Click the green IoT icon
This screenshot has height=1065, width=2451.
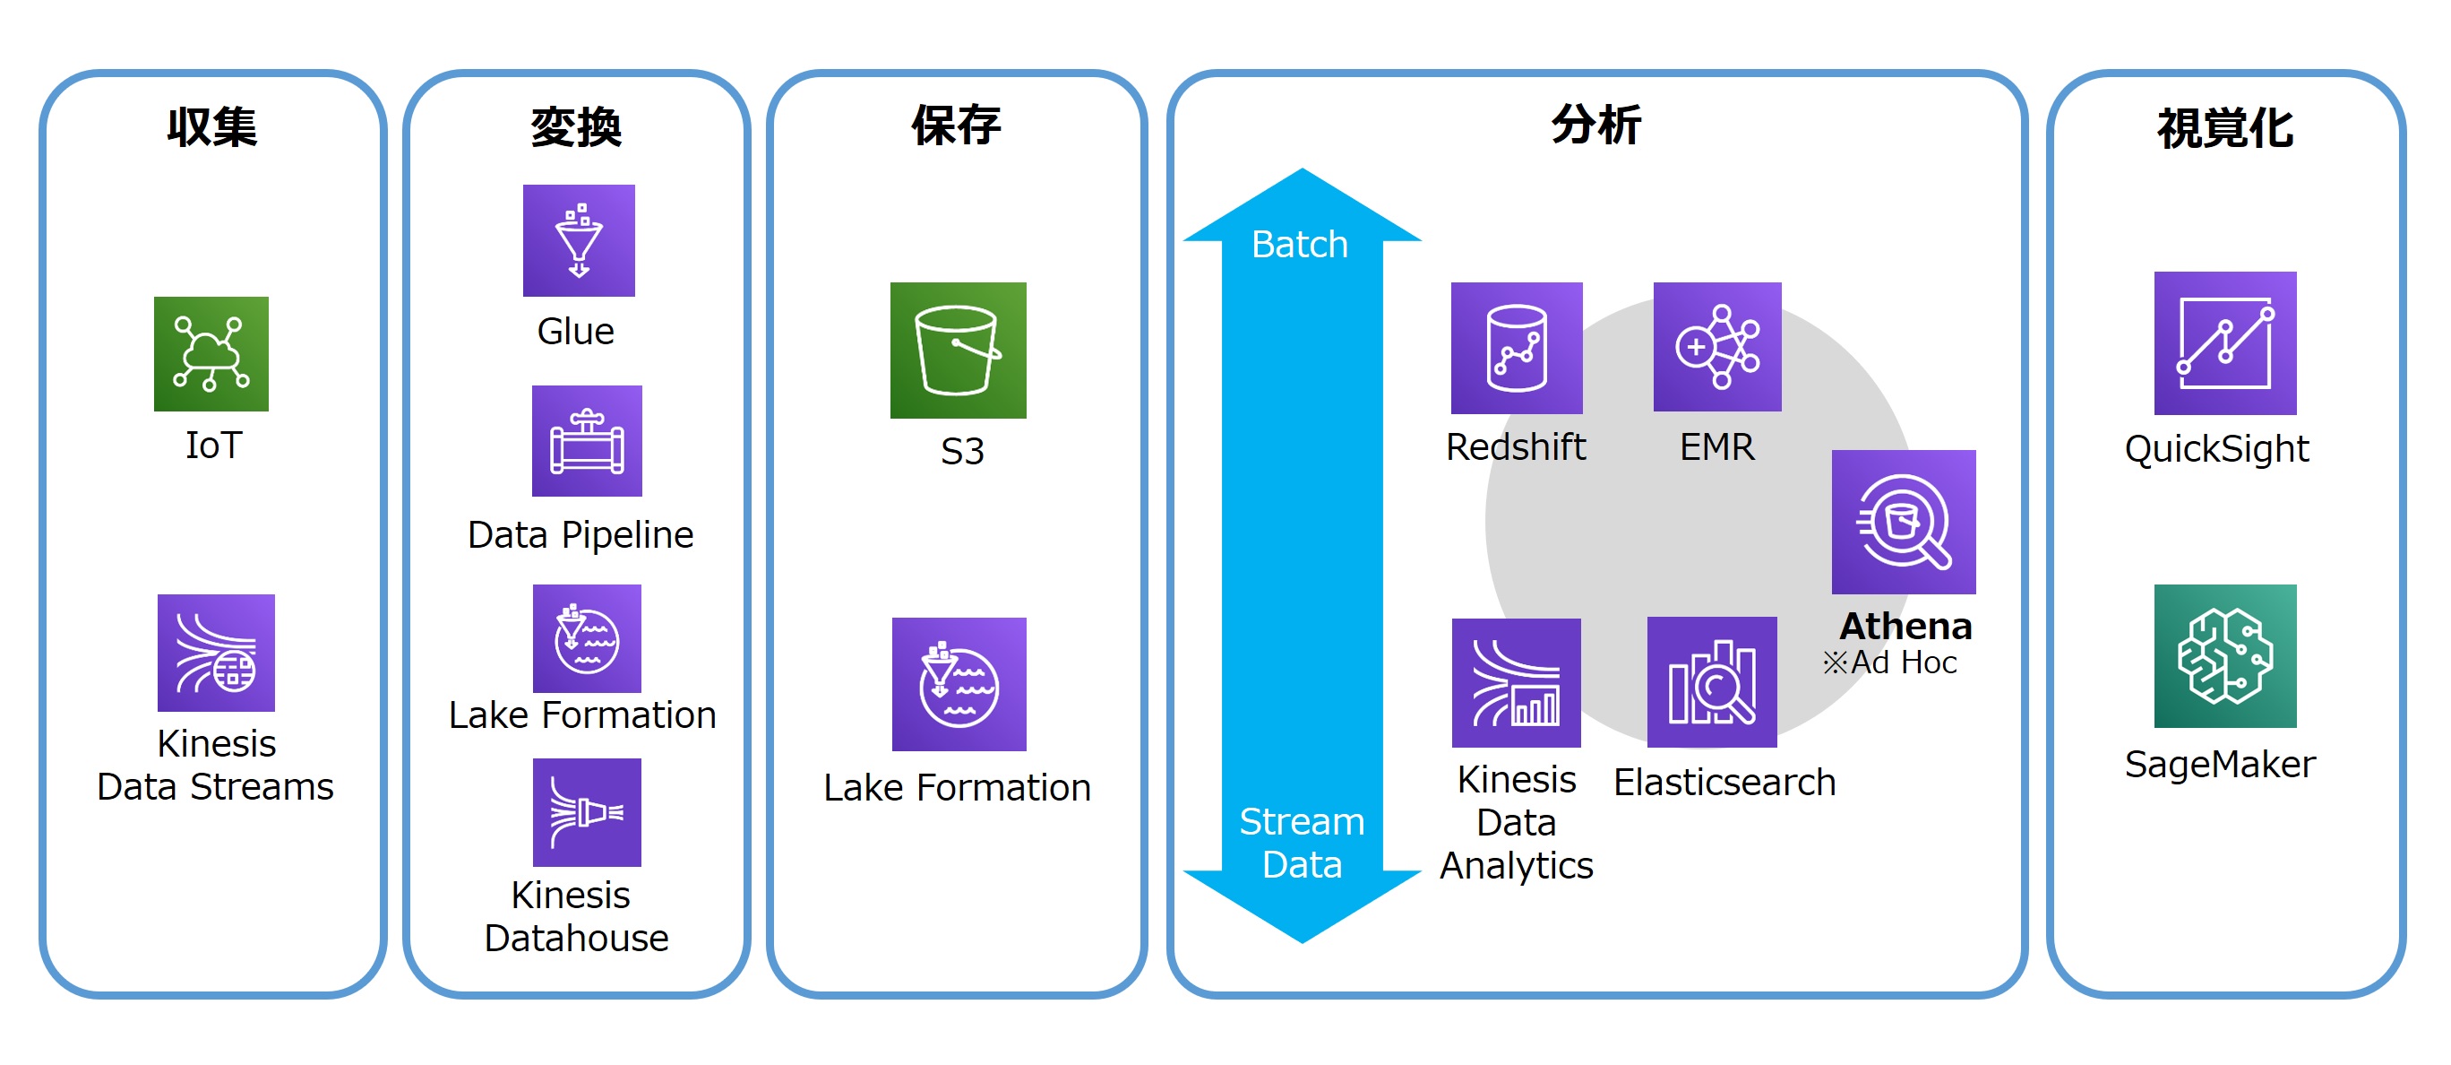(x=211, y=354)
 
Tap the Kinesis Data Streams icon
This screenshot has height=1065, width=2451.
(x=216, y=653)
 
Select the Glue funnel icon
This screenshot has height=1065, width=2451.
(x=579, y=241)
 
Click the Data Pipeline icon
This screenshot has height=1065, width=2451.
(x=587, y=441)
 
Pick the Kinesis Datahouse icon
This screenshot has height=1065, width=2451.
(x=587, y=812)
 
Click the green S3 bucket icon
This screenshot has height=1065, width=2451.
(x=959, y=351)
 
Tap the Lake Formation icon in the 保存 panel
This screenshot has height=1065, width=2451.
(x=959, y=684)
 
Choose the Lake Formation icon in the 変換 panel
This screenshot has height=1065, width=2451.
(x=587, y=638)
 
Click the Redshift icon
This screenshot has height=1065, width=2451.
(x=1517, y=349)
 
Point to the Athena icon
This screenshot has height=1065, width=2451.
(x=1904, y=523)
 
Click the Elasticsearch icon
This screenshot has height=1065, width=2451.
(x=1713, y=682)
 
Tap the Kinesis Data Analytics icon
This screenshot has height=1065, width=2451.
(x=1517, y=683)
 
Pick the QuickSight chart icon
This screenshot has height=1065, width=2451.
(x=2225, y=343)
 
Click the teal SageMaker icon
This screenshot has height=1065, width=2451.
(x=2225, y=655)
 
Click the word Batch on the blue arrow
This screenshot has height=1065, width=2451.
(x=1300, y=245)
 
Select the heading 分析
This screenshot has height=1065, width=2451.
(x=1596, y=126)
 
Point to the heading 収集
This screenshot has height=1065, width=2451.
(x=212, y=126)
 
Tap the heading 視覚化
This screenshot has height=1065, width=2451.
(x=2225, y=127)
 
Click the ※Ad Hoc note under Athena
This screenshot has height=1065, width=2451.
(x=1889, y=662)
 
